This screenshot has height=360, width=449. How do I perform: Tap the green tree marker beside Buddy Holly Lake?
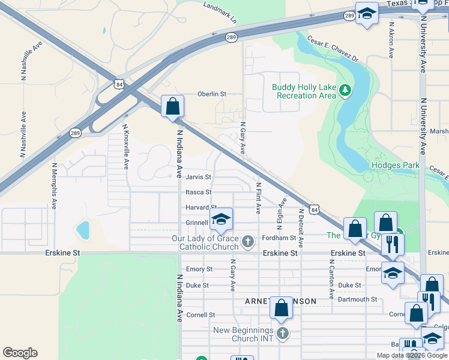click(x=345, y=91)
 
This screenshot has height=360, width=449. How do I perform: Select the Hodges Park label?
click(x=395, y=165)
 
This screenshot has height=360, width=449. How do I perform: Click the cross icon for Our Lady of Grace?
click(x=248, y=243)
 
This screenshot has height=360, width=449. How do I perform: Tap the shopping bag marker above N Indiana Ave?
click(x=172, y=107)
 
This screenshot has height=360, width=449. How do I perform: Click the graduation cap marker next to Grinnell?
click(x=221, y=219)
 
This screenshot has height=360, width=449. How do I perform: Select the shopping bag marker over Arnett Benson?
click(x=281, y=308)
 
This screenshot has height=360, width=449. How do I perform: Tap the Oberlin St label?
click(x=212, y=94)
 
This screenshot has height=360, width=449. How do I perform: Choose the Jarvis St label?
click(x=198, y=177)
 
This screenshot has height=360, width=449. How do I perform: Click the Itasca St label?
click(x=198, y=192)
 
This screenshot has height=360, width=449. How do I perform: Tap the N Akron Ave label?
click(x=391, y=41)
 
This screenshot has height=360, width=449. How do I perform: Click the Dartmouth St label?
click(x=357, y=299)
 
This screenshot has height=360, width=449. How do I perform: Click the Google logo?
click(x=20, y=353)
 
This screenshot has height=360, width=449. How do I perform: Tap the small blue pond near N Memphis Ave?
click(x=83, y=229)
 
